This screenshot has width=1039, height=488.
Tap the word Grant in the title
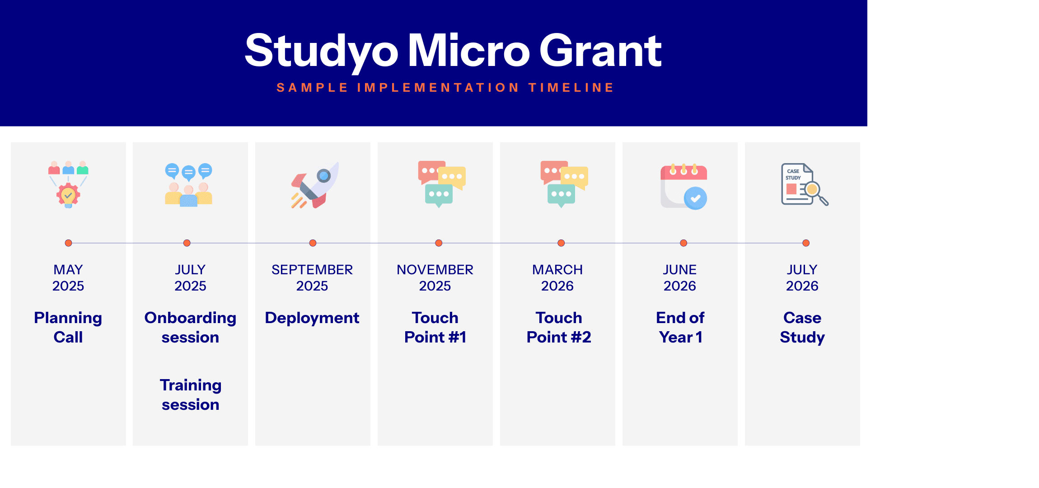[600, 51]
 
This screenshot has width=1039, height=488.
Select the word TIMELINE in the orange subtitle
[571, 88]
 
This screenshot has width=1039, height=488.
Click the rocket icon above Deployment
[315, 185]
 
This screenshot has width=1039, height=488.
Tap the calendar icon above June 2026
[683, 186]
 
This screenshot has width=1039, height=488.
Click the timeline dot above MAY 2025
[68, 243]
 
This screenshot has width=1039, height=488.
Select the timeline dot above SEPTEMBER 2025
[313, 243]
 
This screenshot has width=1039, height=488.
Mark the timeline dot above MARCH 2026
[561, 243]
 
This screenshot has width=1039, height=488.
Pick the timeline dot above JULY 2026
[806, 243]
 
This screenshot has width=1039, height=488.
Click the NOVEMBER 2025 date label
[435, 277]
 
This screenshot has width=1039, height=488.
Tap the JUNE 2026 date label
[680, 277]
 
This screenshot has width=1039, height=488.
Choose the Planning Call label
[68, 328]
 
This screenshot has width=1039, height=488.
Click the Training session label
[191, 394]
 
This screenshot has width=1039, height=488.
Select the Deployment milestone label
[312, 318]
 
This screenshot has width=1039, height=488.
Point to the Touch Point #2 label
[559, 328]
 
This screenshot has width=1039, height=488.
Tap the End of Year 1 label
[680, 328]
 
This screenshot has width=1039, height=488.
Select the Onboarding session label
[190, 328]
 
